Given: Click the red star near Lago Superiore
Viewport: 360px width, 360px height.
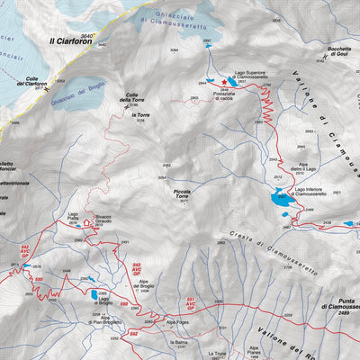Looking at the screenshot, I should pos(224,81).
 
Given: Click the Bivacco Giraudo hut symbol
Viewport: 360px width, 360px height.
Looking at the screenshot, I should pos(88,220).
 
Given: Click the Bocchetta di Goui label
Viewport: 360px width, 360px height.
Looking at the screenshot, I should pos(331,51).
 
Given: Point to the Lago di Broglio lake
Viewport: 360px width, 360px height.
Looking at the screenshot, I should pos(94,294).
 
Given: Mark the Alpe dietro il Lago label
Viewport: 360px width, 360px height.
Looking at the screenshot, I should pos(328,165).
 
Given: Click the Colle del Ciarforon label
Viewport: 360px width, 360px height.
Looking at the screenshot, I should pos(29,83).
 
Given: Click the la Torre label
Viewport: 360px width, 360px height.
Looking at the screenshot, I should pos(139,115).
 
